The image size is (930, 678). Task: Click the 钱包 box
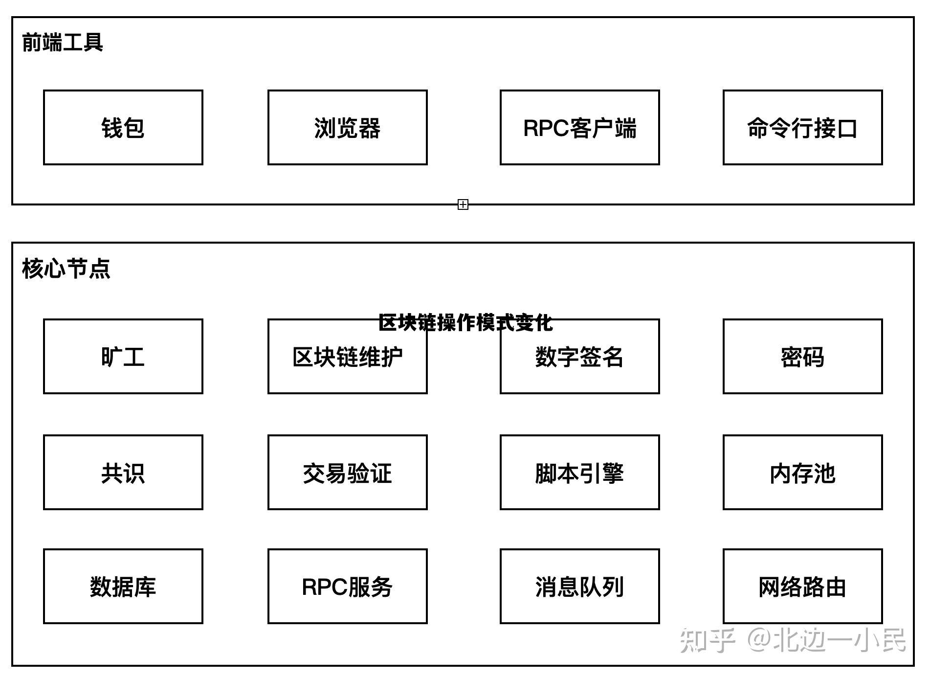click(123, 128)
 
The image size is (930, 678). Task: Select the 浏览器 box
click(347, 128)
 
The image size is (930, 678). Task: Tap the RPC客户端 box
click(579, 128)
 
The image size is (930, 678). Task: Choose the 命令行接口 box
click(802, 128)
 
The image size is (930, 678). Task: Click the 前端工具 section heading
click(63, 42)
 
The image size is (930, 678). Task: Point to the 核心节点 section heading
click(66, 269)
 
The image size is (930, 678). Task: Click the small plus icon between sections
click(463, 204)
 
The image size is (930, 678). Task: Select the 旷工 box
click(123, 357)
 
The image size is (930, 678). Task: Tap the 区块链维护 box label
click(347, 358)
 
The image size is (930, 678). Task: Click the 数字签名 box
click(579, 357)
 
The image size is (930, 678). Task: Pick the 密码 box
click(802, 357)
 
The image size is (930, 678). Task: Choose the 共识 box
click(123, 473)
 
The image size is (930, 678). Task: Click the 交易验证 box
click(347, 473)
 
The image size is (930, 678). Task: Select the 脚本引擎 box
click(579, 473)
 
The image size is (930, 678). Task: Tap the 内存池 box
click(802, 473)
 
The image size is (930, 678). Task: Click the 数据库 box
click(123, 587)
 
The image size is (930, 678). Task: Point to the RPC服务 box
click(347, 587)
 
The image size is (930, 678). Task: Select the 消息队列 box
click(579, 587)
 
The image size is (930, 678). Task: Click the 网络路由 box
click(802, 587)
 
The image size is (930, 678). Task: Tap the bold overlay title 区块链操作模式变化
click(465, 323)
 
